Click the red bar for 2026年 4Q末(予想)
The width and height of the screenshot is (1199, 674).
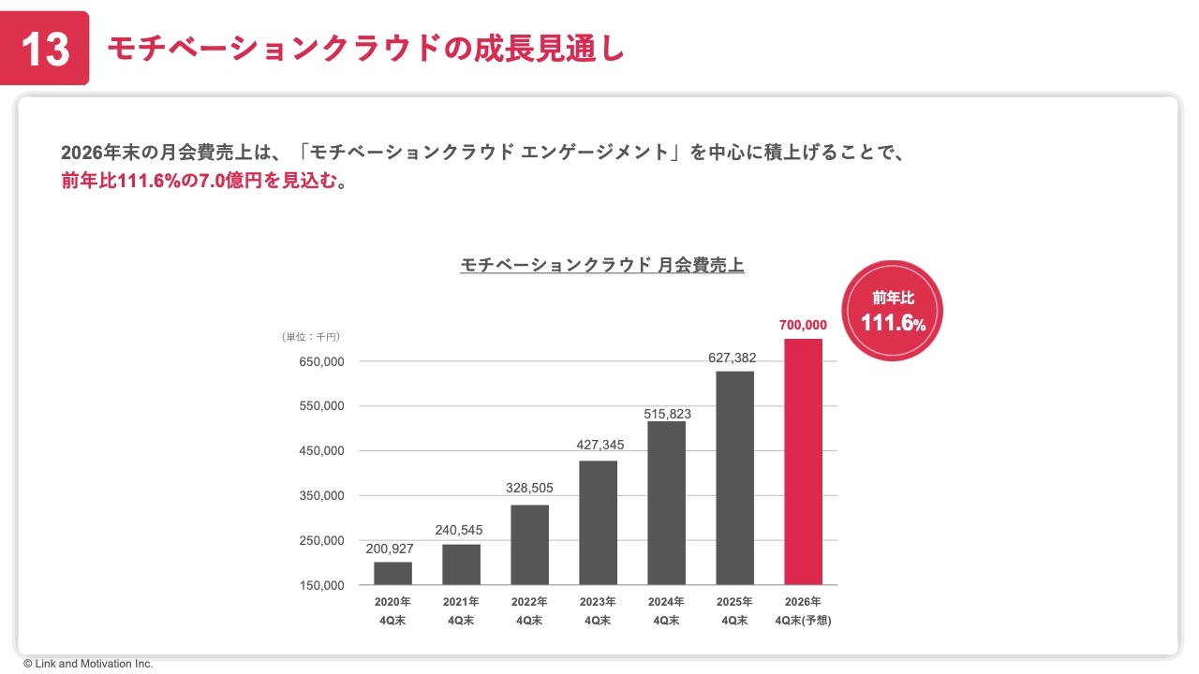(803, 462)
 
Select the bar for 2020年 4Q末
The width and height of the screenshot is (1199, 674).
(392, 573)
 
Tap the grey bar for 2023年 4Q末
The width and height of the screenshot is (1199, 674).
(598, 522)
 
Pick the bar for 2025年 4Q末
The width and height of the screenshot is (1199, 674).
(734, 477)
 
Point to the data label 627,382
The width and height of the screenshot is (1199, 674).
(734, 358)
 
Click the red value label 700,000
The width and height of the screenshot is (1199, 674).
(803, 325)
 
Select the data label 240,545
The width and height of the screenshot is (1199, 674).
(461, 530)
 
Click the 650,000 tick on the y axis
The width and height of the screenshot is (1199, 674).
(321, 361)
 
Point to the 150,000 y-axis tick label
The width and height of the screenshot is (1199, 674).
(321, 585)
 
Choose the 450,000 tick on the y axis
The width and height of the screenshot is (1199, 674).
(321, 451)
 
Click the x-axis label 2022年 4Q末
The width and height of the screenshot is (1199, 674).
(529, 610)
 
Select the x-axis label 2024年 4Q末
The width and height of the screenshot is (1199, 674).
(666, 610)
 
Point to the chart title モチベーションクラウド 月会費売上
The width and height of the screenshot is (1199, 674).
(602, 266)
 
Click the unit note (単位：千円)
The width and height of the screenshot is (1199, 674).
(310, 336)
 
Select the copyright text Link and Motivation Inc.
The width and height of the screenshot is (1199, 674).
(88, 664)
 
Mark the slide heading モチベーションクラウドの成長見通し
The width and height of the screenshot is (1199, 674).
(365, 49)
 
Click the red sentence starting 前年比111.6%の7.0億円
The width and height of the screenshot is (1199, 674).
(204, 181)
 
